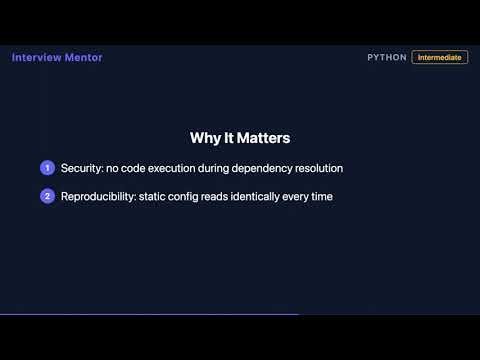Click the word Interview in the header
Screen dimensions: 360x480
tap(35, 57)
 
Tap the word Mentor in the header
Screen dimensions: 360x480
tap(82, 57)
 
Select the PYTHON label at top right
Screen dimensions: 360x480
tap(387, 58)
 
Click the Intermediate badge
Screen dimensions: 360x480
tap(440, 58)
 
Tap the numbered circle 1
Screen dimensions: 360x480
tap(47, 168)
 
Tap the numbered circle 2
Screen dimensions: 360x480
tap(47, 196)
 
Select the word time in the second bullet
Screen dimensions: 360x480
tap(321, 196)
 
